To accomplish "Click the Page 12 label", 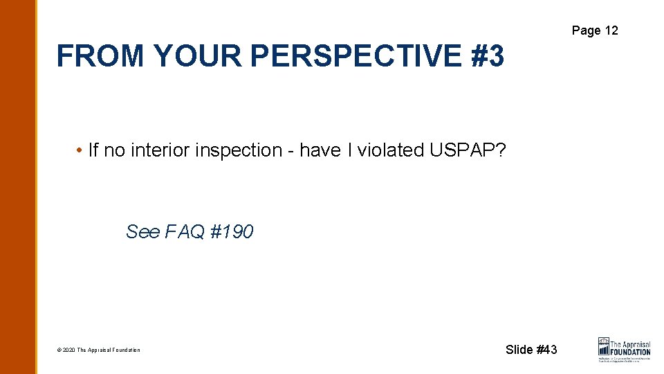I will (x=594, y=30).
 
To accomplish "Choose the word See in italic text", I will (x=142, y=232).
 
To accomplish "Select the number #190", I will (x=232, y=232).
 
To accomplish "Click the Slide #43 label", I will (x=531, y=350).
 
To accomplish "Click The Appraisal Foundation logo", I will (x=624, y=349).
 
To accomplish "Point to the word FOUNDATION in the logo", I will (x=630, y=352).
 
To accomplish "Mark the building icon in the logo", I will (x=604, y=346).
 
